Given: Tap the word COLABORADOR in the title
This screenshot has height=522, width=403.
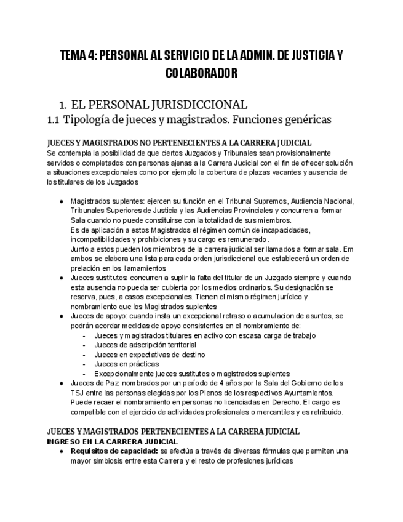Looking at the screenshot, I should [201, 74].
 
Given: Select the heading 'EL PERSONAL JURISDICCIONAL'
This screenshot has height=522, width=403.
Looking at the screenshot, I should [159, 105].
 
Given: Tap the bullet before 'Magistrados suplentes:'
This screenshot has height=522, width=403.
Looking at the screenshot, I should [61, 201].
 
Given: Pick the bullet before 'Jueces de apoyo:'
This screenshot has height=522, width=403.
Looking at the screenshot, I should [61, 316].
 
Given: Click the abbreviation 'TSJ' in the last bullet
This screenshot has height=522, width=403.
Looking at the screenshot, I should [78, 393].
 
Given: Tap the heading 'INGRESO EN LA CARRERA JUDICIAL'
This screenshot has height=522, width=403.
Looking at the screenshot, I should [113, 441].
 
